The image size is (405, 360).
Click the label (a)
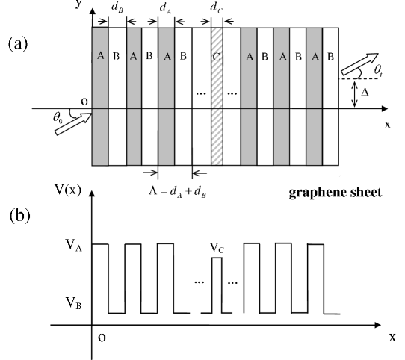tap(18, 44)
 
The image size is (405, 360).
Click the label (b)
tap(19, 216)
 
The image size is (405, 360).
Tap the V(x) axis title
tap(68, 189)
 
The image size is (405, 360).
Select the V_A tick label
tap(73, 245)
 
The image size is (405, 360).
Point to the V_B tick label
tap(73, 302)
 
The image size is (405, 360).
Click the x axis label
tap(387, 125)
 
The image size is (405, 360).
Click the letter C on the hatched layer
tap(217, 56)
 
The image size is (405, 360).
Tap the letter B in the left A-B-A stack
tap(117, 56)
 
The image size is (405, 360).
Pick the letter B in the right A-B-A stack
tap(298, 56)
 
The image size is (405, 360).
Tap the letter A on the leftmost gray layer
tap(100, 56)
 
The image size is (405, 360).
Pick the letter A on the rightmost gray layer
tap(315, 56)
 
